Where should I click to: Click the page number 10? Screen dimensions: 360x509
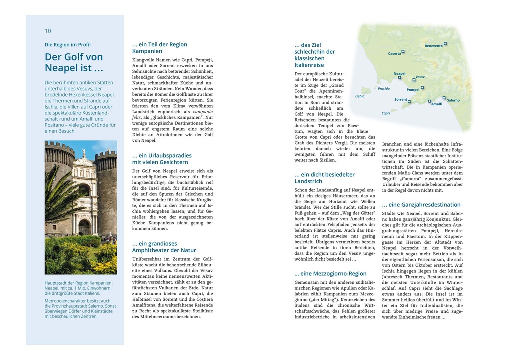(x=48, y=31)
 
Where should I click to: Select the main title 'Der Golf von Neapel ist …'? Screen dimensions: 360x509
(x=74, y=62)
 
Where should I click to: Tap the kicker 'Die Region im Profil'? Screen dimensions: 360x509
(x=68, y=44)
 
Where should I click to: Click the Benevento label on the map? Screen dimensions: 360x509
(x=433, y=46)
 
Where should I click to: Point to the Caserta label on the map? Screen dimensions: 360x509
(x=394, y=53)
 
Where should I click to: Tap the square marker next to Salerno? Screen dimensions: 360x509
(x=444, y=98)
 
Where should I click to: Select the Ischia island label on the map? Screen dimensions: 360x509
(x=360, y=96)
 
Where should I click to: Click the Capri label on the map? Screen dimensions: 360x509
(x=386, y=113)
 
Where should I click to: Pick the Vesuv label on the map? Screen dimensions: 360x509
(x=420, y=77)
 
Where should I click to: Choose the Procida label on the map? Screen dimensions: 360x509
(x=384, y=89)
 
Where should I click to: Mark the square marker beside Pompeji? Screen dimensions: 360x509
(x=422, y=88)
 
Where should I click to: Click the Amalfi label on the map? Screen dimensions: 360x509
(x=437, y=104)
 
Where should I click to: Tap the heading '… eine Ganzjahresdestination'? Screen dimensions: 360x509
(x=421, y=205)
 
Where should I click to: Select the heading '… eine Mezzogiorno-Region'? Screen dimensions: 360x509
(x=330, y=274)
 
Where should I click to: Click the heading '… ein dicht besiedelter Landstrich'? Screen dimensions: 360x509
(x=324, y=178)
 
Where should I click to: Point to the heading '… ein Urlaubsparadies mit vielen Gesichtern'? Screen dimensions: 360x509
(x=162, y=159)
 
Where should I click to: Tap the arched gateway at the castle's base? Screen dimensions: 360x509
(x=84, y=227)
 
